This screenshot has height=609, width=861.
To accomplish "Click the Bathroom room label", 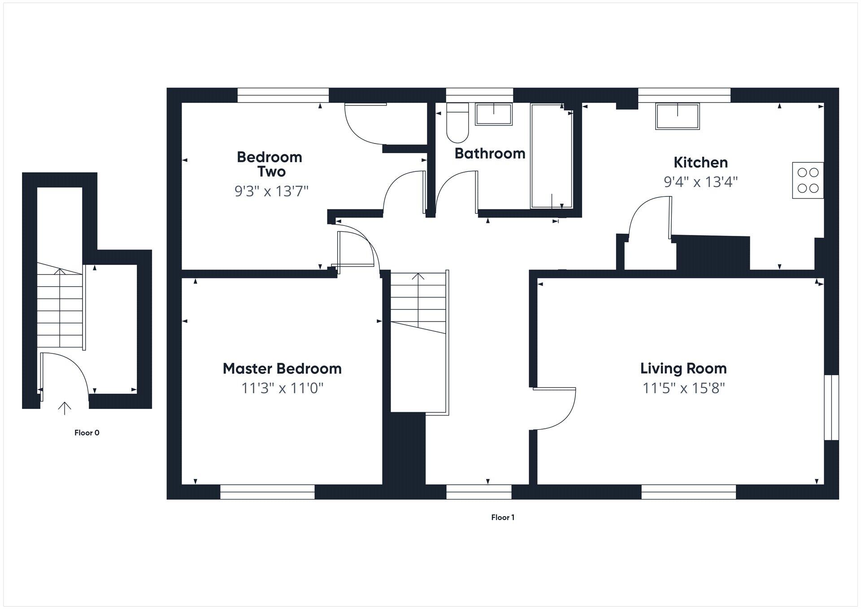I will point(490,153).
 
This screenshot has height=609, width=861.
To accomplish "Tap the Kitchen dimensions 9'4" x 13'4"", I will point(700,182).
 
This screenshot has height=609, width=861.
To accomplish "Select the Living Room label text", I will point(683,368).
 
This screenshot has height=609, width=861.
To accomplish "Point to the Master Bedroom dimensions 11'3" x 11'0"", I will point(282,387).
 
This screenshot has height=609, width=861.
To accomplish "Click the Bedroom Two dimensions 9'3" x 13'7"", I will point(271,191).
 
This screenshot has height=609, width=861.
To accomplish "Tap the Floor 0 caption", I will point(87,433).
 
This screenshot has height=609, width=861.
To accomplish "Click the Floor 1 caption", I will point(503,517).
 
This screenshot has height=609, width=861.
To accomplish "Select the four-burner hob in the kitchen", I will point(808,180).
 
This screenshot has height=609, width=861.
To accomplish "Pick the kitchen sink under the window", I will point(677,117).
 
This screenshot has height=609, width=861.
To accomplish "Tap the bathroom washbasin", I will point(493,114).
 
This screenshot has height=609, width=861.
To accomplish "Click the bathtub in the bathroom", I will point(551,156).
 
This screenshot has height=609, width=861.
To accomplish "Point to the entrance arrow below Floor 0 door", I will point(65,408).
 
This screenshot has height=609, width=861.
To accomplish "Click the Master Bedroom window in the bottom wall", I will point(267,492).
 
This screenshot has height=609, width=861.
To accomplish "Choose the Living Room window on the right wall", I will point(831,407).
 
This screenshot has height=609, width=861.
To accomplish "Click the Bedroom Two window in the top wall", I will point(283,95).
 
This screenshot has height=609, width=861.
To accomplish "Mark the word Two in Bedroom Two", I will point(271,171).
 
